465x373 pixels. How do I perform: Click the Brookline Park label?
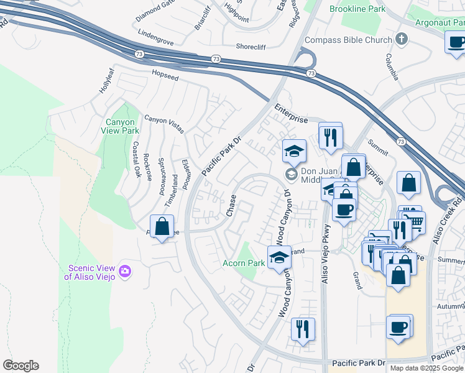coord(357,9)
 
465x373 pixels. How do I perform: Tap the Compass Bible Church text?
coord(348,40)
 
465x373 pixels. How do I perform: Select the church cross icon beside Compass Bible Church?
coord(402,40)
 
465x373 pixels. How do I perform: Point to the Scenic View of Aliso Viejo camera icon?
coord(126,270)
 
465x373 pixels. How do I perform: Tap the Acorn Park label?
coord(244,263)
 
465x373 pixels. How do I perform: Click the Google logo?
coord(21,366)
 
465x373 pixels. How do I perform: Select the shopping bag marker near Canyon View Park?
coord(162,227)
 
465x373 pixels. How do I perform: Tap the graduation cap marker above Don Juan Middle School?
coord(294,150)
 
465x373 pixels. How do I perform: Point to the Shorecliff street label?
coord(255,46)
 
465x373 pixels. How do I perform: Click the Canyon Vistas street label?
coord(164,124)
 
